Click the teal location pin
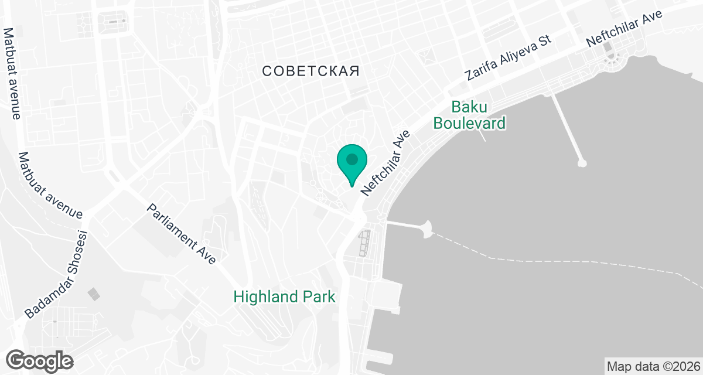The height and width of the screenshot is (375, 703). tap(351, 164)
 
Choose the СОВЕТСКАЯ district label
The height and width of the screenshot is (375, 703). tap(310, 71)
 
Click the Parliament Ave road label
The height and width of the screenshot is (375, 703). tap(182, 233)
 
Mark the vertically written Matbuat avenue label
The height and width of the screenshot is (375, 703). tap(12, 73)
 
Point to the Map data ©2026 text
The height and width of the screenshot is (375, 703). tap(653, 367)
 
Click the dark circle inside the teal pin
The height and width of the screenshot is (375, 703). tap(351, 159)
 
